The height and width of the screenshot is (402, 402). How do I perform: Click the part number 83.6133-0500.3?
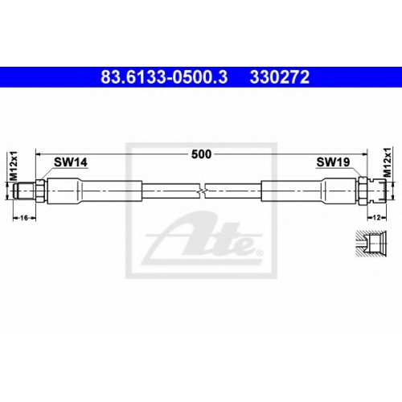tap(164, 77)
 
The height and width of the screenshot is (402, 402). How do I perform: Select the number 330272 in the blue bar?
tap(280, 77)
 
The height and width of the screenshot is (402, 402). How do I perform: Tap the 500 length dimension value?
tap(201, 154)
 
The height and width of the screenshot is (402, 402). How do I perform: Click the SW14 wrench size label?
tap(71, 162)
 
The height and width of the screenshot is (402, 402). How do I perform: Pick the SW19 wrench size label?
tap(333, 162)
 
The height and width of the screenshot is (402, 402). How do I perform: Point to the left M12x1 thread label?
tap(14, 166)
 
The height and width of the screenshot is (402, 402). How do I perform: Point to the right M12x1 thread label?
tap(388, 162)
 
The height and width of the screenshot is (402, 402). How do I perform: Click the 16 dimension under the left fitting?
tap(24, 218)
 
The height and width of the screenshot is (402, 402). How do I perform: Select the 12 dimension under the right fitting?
tap(377, 218)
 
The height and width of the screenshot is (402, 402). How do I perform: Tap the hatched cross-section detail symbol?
tap(371, 244)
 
